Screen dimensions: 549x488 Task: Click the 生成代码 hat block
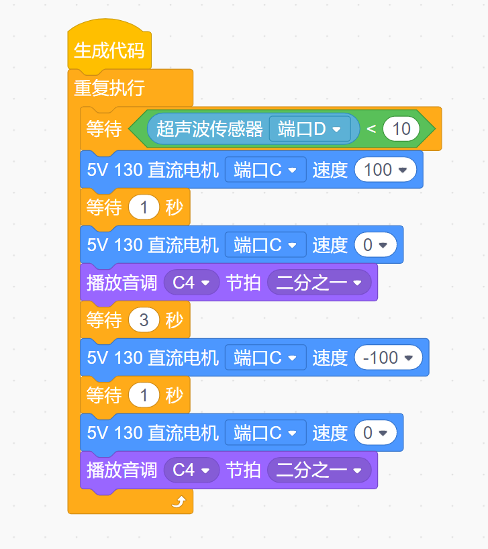click(109, 51)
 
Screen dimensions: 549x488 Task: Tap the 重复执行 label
click(109, 88)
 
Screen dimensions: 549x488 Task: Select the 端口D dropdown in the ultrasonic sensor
click(309, 129)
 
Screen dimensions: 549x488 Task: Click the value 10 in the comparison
click(401, 129)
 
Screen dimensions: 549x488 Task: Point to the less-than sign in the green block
click(371, 129)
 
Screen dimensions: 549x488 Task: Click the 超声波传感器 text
click(209, 129)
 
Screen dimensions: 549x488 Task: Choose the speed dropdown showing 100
click(385, 170)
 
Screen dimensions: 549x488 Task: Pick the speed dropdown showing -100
click(388, 358)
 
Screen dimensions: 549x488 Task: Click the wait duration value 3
click(144, 320)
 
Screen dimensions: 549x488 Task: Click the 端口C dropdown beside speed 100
click(265, 170)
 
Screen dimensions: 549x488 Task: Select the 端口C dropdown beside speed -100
click(265, 358)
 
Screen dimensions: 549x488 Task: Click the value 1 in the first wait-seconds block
click(144, 207)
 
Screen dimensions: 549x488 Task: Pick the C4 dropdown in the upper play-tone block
click(191, 283)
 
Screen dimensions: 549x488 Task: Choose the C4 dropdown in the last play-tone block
click(191, 470)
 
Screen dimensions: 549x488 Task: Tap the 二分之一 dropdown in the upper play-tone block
click(319, 283)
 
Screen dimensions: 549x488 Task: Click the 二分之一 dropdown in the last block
click(319, 470)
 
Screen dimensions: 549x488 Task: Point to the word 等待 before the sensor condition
click(104, 129)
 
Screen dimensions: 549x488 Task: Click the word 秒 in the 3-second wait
click(175, 320)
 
